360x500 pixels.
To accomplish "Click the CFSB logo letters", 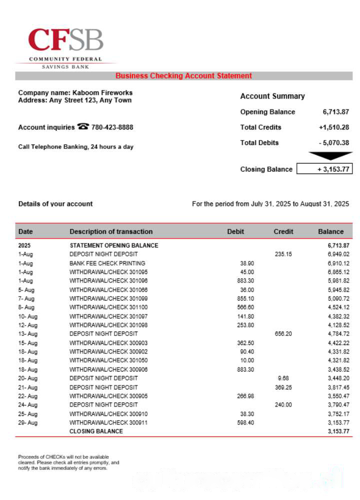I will pos(65,40).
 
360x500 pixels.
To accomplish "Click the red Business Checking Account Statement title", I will pos(183,76).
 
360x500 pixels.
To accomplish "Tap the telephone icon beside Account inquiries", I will pos(83,127).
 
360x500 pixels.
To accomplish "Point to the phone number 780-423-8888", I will pos(112,127).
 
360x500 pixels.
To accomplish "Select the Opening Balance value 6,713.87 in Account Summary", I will pos(336,112).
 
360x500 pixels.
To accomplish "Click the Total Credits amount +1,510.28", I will pos(334,127).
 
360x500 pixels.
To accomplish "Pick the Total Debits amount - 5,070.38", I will pos(334,143).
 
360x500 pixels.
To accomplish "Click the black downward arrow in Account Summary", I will pos(330,156).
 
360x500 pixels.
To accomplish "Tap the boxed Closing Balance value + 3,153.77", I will pos(324,169).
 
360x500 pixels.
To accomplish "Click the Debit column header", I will pos(235,231).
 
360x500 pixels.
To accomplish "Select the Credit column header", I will pos(283,231).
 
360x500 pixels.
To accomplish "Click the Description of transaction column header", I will pos(111,231).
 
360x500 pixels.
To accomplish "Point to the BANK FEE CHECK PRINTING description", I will pos(107,263).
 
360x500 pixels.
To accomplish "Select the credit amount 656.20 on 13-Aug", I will pos(283,334).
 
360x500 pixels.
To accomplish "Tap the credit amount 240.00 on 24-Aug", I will pos(283,405).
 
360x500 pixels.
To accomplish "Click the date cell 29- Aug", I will pos(27,423).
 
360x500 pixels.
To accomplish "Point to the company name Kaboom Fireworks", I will pos(102,92).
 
